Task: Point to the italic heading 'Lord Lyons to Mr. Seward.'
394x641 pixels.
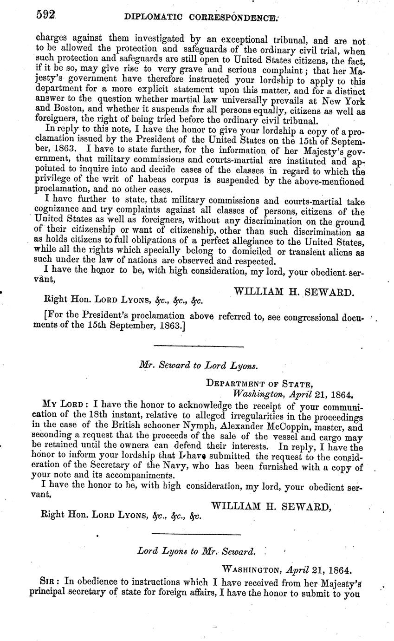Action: tap(196, 551)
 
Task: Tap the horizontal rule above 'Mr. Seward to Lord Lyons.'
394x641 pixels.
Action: tap(199, 346)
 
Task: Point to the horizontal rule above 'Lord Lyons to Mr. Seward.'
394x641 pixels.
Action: tap(196, 534)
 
